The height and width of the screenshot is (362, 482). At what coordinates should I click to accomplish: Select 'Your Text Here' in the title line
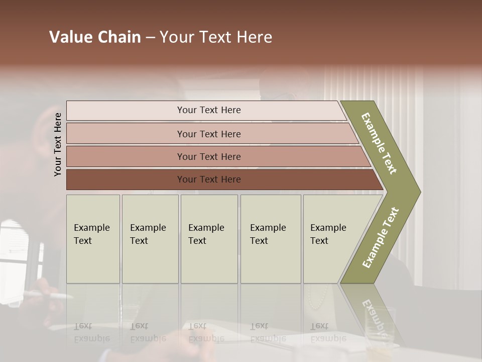(216, 37)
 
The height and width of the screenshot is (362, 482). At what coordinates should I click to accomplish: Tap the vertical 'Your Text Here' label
(58, 144)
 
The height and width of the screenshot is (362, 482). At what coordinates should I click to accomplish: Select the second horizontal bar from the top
(208, 134)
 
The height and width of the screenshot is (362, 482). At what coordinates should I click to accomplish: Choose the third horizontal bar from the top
(208, 156)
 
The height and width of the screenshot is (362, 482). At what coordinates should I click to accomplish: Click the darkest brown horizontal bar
(208, 179)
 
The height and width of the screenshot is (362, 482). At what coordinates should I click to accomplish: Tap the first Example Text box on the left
(93, 238)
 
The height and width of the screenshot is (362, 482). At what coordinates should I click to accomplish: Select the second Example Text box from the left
(150, 238)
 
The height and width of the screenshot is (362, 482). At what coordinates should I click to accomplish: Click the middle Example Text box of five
(209, 238)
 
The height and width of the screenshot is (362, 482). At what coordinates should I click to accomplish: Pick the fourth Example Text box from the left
(270, 238)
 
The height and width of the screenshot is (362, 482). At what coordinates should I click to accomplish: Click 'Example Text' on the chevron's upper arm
(379, 143)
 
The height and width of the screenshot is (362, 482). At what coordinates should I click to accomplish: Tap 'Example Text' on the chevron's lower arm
(381, 238)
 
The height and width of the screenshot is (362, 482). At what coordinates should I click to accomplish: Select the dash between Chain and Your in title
(150, 38)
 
